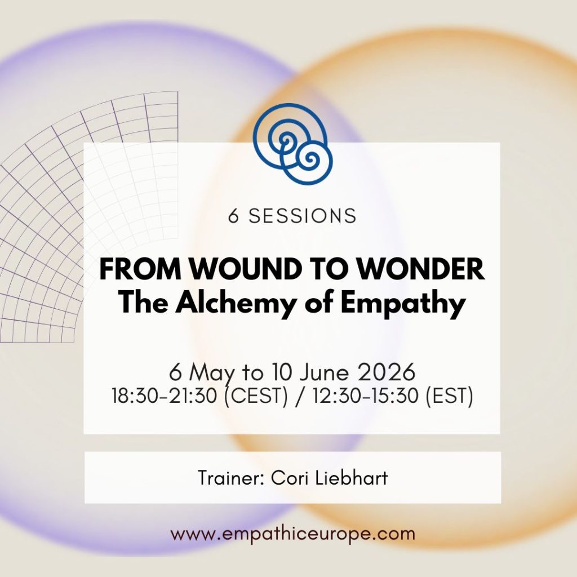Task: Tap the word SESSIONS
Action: point(303,216)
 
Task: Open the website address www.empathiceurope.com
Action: point(292,533)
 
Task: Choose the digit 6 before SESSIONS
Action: point(233,216)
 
